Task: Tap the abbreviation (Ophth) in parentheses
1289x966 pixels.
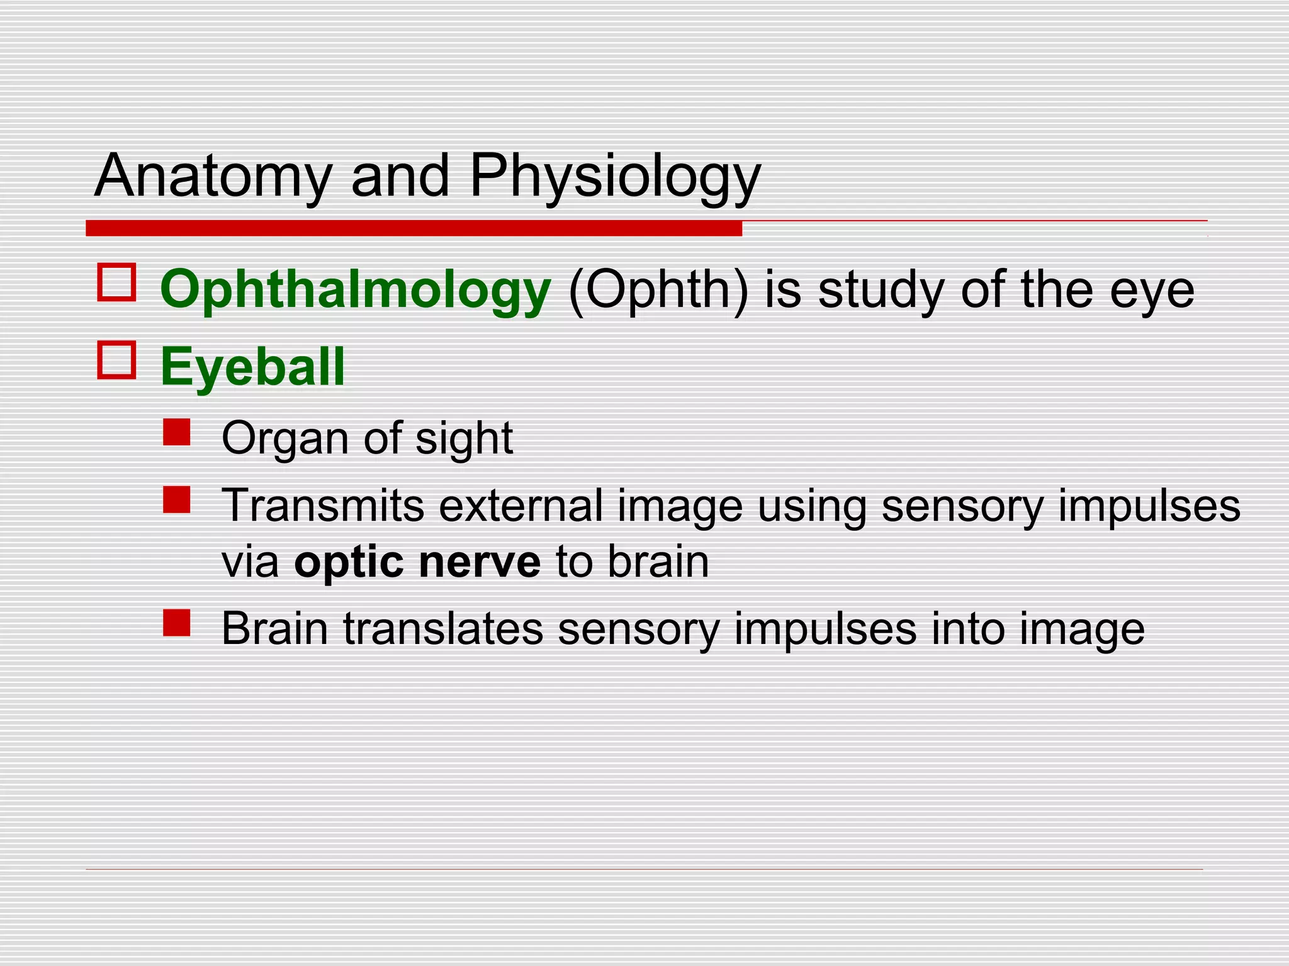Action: click(658, 290)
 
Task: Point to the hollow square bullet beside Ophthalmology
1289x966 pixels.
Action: click(116, 282)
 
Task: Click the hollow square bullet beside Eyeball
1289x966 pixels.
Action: click(116, 360)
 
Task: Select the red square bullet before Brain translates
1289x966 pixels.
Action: click(176, 623)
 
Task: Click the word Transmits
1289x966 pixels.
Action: click(323, 505)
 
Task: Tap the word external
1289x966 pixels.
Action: click(521, 505)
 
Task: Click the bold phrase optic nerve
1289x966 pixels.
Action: click(417, 562)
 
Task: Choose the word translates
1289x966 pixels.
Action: click(443, 628)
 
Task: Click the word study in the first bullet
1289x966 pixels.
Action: click(881, 290)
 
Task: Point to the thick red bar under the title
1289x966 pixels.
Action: click(414, 228)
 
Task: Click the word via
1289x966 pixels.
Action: click(250, 562)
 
